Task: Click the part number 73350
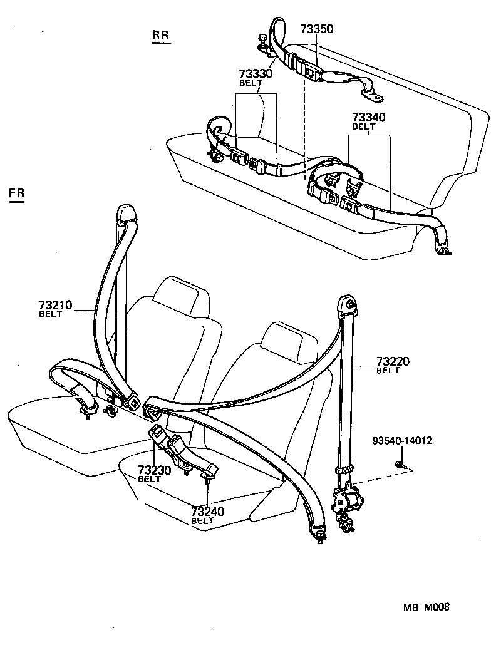tap(316, 29)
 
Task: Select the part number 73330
tap(256, 74)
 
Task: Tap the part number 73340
tap(368, 118)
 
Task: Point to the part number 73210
tap(55, 306)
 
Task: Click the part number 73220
tap(392, 362)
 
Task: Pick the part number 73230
tap(155, 470)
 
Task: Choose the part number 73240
tap(207, 512)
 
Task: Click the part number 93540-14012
tap(401, 441)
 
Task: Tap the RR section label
tap(161, 36)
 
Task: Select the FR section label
tap(17, 193)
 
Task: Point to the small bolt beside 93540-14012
tap(399, 464)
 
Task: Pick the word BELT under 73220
tap(388, 371)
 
